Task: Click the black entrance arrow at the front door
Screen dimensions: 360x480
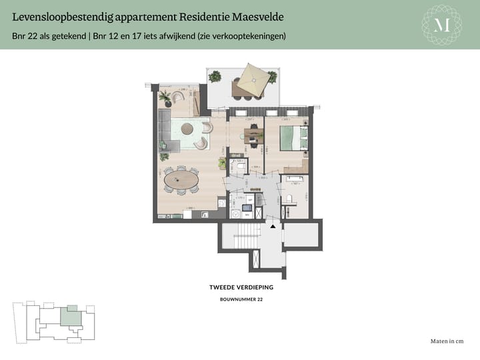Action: coord(272,227)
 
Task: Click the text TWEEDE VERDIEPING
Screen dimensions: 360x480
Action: coord(241,288)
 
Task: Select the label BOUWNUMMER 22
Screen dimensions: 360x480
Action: coord(241,300)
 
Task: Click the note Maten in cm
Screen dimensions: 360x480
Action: coord(447,341)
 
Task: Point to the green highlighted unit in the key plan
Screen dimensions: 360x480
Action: coord(69,316)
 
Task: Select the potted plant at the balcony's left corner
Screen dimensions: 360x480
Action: coord(215,77)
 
